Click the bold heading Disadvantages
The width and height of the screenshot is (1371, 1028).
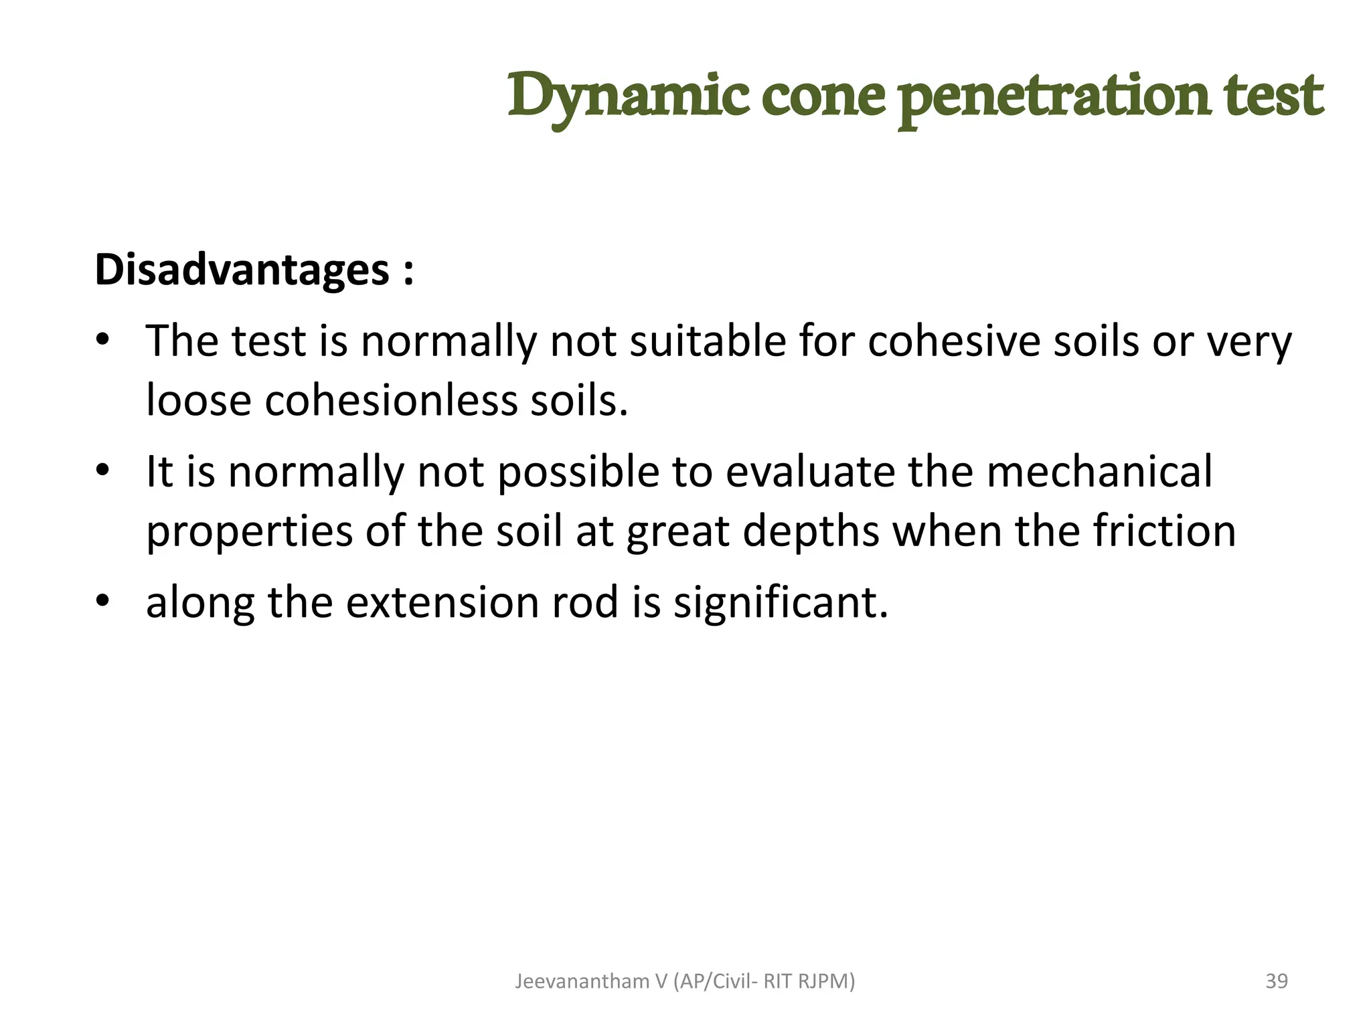coord(242,270)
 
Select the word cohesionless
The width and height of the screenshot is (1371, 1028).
coord(392,400)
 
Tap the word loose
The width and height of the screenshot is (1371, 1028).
coord(199,400)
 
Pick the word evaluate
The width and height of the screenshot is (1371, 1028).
coord(810,471)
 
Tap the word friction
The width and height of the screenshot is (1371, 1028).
coord(1164,531)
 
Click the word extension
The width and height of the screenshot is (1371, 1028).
coord(442,602)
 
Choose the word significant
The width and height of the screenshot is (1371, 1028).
coord(781,602)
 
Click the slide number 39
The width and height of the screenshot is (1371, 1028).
coord(1277,981)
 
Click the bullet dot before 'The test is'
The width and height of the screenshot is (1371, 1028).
coord(102,341)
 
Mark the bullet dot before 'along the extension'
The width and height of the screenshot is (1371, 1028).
coord(102,601)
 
